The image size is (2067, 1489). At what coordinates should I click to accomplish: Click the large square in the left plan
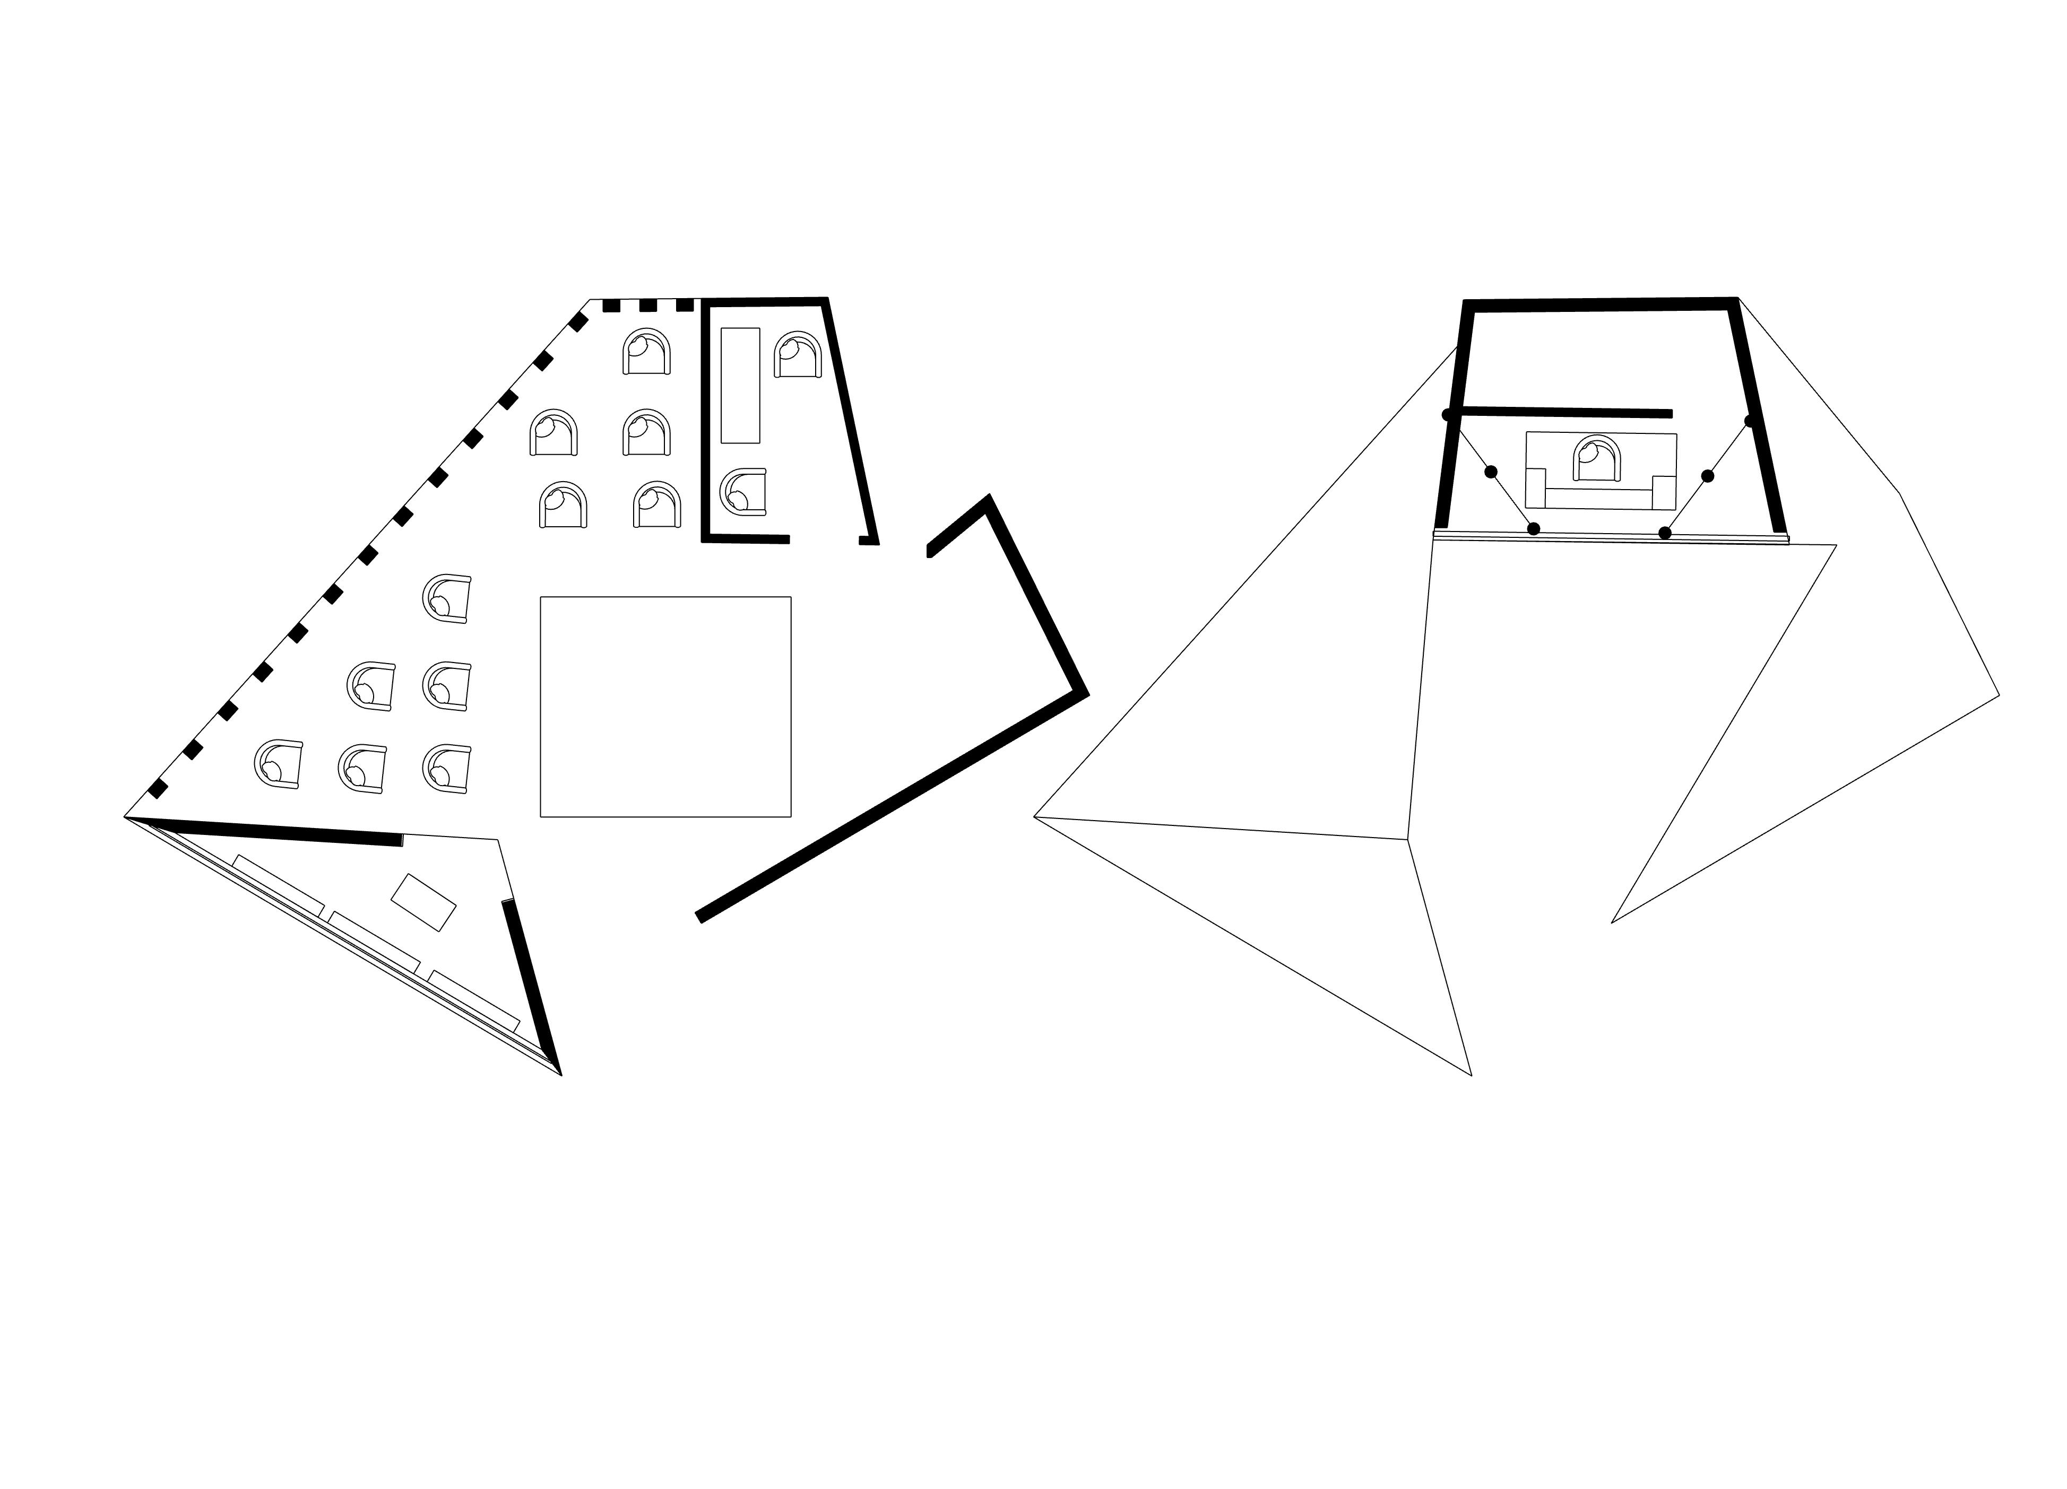[x=665, y=706]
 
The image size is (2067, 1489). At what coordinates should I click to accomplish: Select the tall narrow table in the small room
[x=740, y=386]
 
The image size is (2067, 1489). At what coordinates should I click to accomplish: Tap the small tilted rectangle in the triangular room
[x=423, y=902]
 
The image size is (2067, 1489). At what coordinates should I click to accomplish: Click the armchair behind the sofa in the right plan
[x=1598, y=458]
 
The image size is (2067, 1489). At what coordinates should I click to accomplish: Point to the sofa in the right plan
[x=1601, y=493]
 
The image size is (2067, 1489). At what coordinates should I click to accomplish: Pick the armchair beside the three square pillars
[x=647, y=352]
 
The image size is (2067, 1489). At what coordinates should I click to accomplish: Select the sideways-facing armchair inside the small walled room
[x=743, y=492]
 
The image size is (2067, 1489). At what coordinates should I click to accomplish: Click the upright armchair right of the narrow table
[x=798, y=354]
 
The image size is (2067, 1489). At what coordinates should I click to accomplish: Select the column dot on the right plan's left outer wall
[x=1447, y=415]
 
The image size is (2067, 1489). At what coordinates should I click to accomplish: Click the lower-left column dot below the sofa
[x=1534, y=528]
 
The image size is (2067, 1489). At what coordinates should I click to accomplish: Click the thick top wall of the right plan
[x=1599, y=305]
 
